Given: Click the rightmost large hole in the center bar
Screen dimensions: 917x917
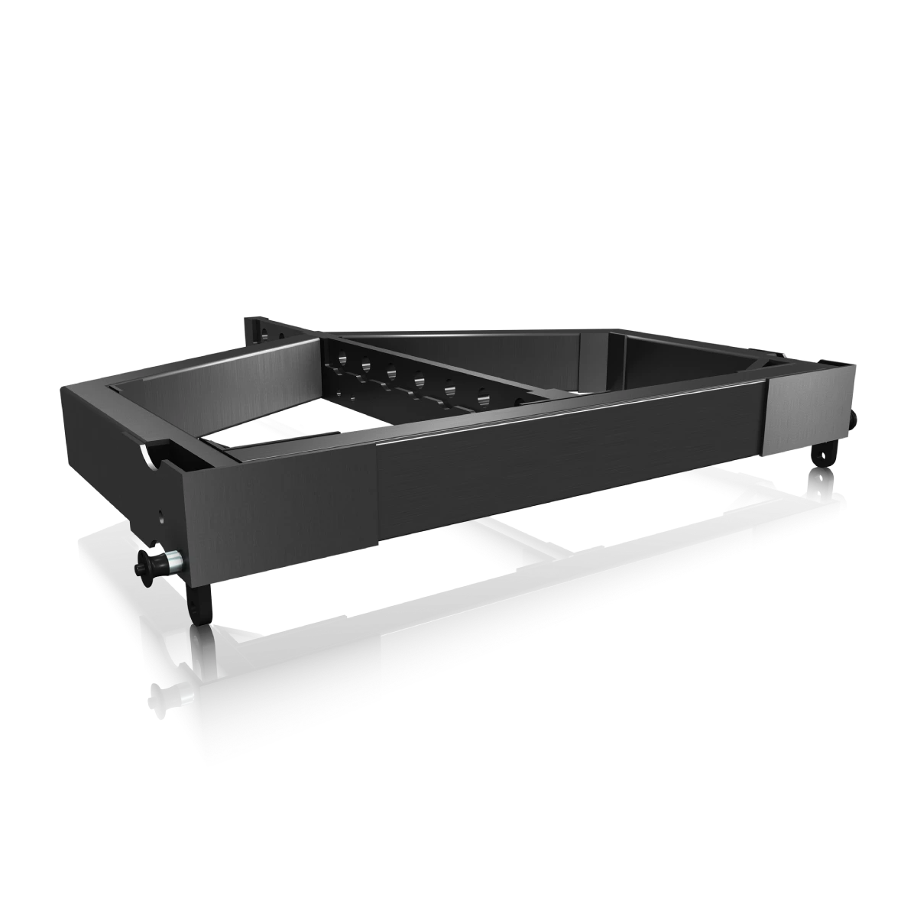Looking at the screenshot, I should click(483, 397).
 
